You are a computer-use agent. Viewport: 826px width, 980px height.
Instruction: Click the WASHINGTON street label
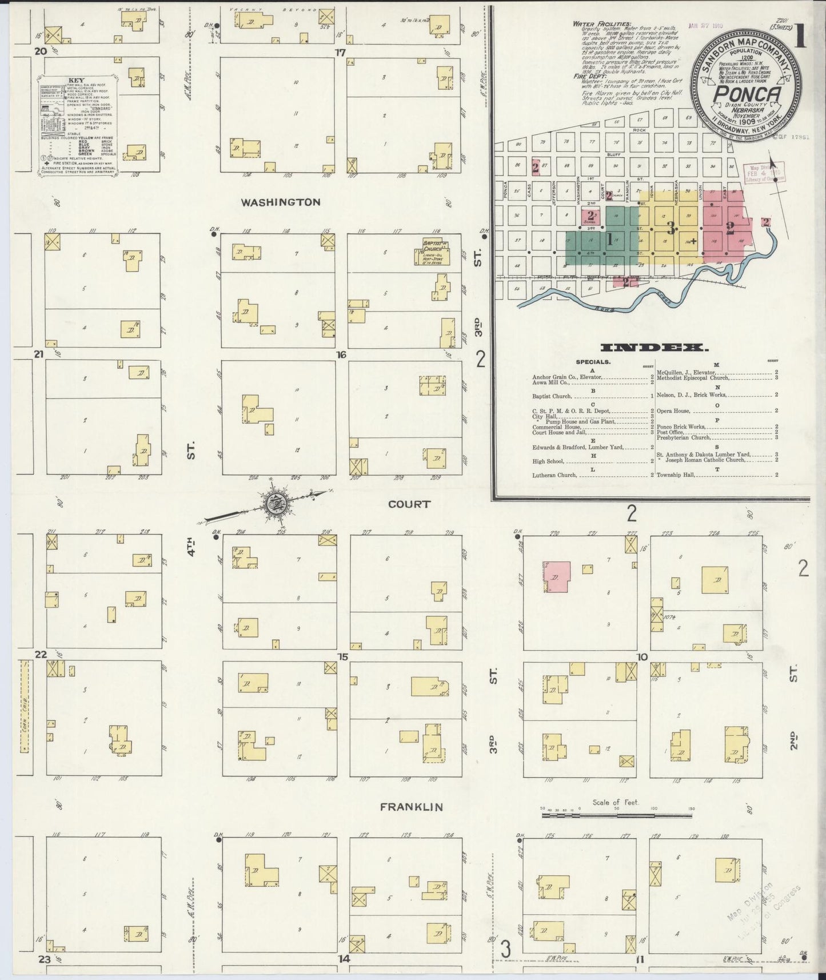click(280, 202)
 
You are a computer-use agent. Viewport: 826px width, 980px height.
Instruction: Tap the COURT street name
click(409, 504)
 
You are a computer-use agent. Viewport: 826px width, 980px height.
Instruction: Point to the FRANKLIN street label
click(412, 807)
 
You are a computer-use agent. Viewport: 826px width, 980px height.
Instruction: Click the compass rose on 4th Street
click(274, 504)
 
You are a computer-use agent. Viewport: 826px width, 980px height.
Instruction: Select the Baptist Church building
click(432, 252)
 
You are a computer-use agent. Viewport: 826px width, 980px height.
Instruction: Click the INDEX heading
click(655, 347)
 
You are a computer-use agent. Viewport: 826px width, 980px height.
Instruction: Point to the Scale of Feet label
click(616, 802)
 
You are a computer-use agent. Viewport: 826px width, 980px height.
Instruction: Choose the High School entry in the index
click(548, 461)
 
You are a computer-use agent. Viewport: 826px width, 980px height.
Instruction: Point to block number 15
click(342, 656)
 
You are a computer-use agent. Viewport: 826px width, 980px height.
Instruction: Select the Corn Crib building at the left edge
click(24, 707)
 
